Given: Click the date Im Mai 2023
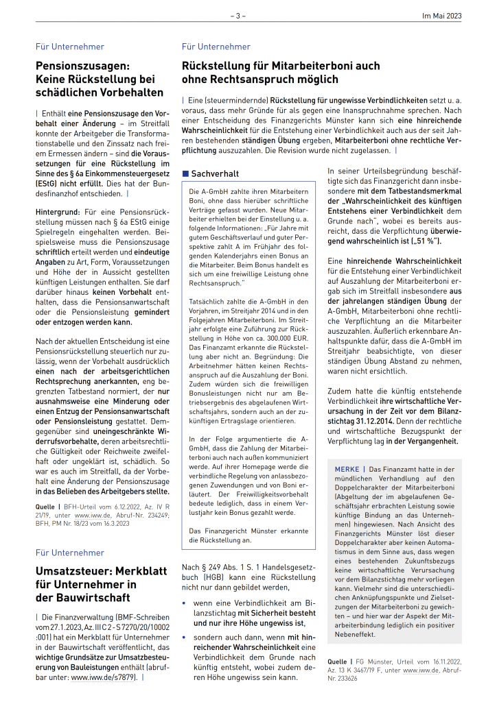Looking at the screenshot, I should click(441, 15).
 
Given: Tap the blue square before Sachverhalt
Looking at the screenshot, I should click(185, 174).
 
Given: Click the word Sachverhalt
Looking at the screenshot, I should click(215, 174).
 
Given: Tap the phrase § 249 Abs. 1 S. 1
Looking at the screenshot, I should click(224, 567).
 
